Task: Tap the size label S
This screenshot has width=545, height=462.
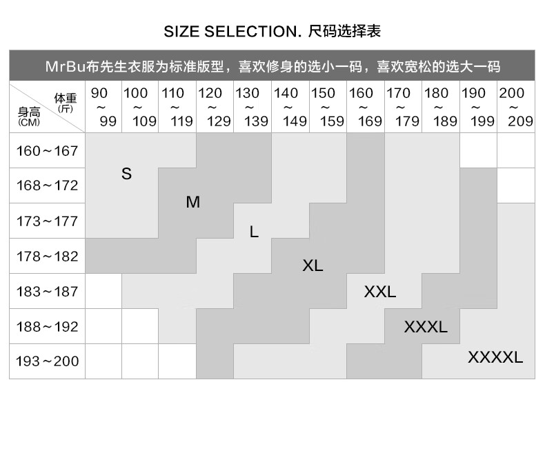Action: (x=126, y=174)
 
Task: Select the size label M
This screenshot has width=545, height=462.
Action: (x=193, y=202)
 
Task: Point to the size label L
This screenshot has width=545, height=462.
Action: (x=254, y=232)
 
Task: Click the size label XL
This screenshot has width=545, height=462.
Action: (x=313, y=265)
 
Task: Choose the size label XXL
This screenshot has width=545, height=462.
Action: (x=380, y=292)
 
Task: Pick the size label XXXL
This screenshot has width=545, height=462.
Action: (x=426, y=327)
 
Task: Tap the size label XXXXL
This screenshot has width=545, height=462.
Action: (x=495, y=357)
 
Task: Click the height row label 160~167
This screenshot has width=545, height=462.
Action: (x=48, y=151)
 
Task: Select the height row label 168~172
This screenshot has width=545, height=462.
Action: (x=48, y=186)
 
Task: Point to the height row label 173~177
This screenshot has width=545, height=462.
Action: (x=48, y=221)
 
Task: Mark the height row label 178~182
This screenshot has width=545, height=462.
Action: (x=48, y=257)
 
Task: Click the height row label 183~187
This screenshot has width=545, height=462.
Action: (x=48, y=292)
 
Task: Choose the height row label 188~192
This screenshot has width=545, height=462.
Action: (x=48, y=327)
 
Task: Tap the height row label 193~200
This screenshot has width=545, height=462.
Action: (x=48, y=361)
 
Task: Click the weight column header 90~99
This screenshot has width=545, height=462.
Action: (x=103, y=107)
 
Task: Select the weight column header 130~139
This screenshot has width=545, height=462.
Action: (x=252, y=107)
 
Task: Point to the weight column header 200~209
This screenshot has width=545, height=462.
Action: (x=516, y=107)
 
